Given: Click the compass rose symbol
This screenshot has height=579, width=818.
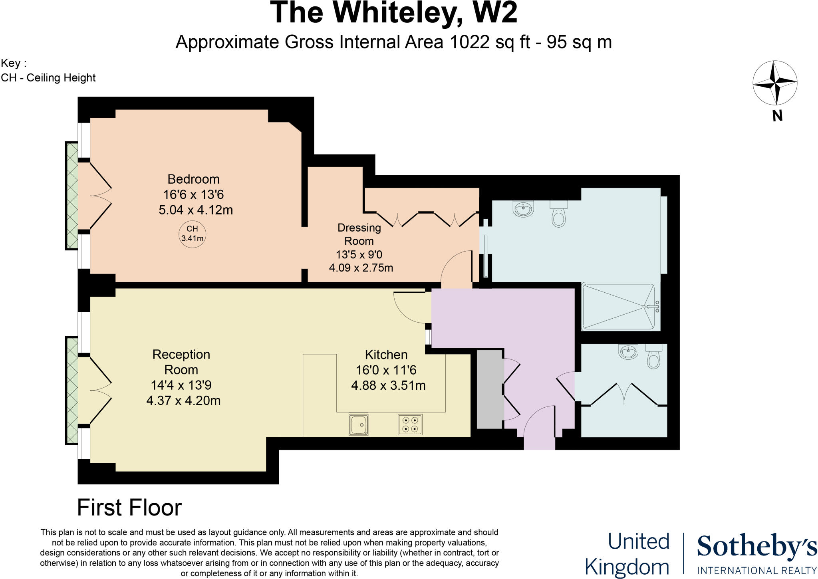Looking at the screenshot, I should pos(775,83).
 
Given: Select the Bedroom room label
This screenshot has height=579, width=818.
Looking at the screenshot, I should pos(193,179).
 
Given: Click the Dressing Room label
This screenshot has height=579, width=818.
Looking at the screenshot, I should pos(359,234).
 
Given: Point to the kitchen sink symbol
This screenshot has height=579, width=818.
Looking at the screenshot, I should pos(358,424).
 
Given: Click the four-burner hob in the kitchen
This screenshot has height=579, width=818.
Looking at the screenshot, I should pos(410,424).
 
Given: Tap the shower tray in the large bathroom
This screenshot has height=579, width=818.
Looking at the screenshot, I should pos(619,306).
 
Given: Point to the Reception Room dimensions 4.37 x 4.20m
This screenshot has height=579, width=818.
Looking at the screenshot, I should pos(183,401).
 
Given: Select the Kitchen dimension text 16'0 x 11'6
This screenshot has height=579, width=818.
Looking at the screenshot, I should pos(386,370).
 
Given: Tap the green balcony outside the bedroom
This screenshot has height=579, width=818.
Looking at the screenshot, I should pos(72,196).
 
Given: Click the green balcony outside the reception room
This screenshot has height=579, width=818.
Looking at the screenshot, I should pos(72,391).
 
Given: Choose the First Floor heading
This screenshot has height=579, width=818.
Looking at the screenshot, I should pos(129,508).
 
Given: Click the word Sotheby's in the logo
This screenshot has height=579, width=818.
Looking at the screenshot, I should pos(756,547).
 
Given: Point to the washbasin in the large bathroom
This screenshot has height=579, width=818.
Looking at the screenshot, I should pos(523,209).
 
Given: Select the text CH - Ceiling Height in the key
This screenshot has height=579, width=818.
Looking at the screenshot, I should pos(48,77).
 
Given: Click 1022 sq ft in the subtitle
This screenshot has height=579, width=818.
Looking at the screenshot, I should pos(490,42).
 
